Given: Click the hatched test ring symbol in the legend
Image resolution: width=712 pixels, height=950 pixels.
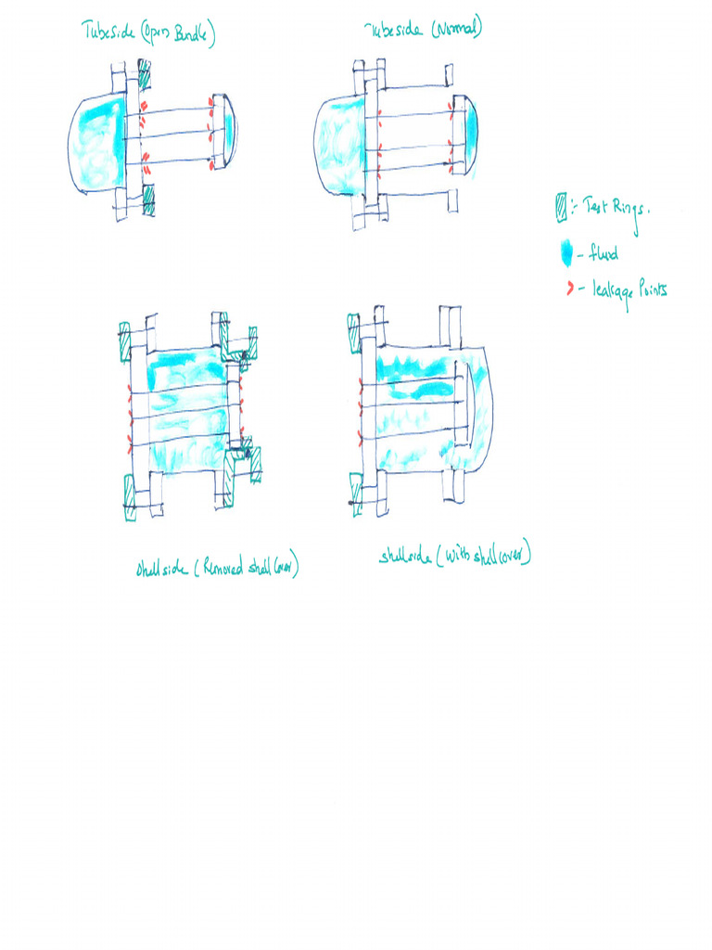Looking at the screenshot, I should pyautogui.click(x=560, y=207).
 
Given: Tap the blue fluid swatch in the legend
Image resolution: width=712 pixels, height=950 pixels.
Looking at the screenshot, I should pyautogui.click(x=565, y=253).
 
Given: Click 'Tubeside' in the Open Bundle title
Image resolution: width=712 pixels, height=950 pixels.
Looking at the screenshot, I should pyautogui.click(x=108, y=34).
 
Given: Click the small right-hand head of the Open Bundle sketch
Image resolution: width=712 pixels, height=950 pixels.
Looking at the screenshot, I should pyautogui.click(x=223, y=133).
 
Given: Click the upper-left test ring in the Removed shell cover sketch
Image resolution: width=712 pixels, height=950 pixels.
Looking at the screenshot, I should pyautogui.click(x=126, y=342).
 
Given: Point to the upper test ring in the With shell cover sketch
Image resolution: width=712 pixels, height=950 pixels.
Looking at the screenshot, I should pyautogui.click(x=353, y=333).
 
